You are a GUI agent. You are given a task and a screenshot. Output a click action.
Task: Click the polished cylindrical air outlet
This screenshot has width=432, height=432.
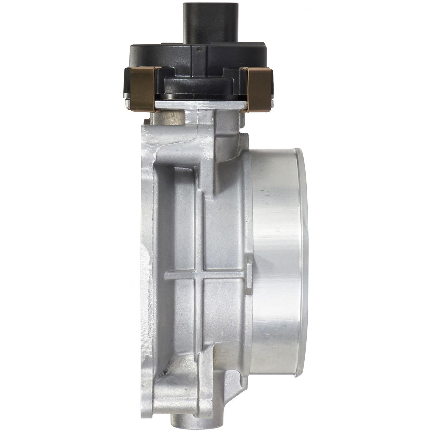click(276, 259)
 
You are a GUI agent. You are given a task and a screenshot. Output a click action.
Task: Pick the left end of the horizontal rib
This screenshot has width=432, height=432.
click(167, 276)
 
